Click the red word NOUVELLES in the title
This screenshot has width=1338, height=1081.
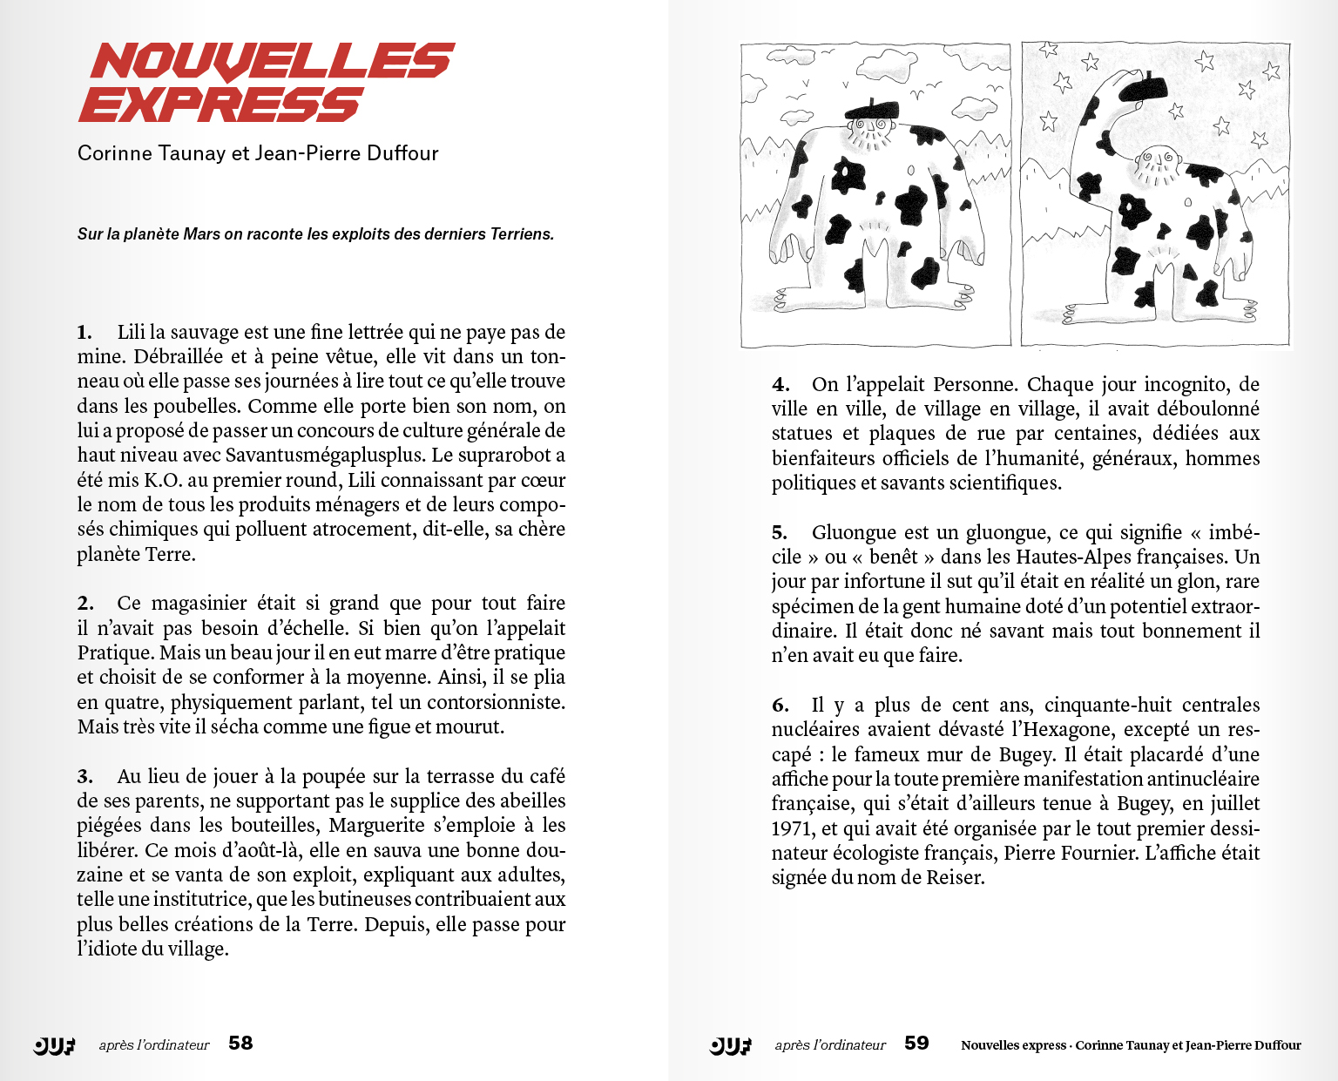(x=272, y=62)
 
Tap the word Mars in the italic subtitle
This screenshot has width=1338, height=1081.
(x=201, y=234)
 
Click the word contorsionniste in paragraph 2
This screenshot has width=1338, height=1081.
(x=495, y=702)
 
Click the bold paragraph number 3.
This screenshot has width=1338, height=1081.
(x=84, y=777)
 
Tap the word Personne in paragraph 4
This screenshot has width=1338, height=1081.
(x=976, y=384)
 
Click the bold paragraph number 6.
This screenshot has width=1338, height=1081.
(x=780, y=706)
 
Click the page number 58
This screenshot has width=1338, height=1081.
(x=240, y=1044)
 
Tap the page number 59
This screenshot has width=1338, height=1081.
(x=916, y=1044)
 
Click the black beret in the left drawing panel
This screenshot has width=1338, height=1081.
(x=871, y=110)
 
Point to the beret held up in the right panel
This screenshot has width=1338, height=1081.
(x=1142, y=87)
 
